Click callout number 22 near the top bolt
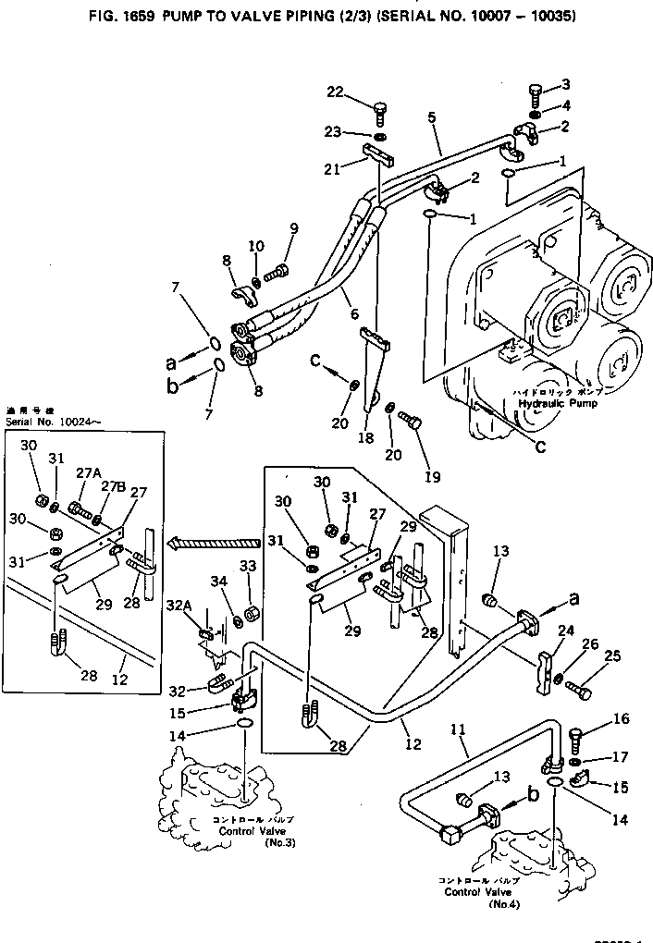(x=335, y=91)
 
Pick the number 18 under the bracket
(x=366, y=438)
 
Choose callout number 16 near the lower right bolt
(x=595, y=718)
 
